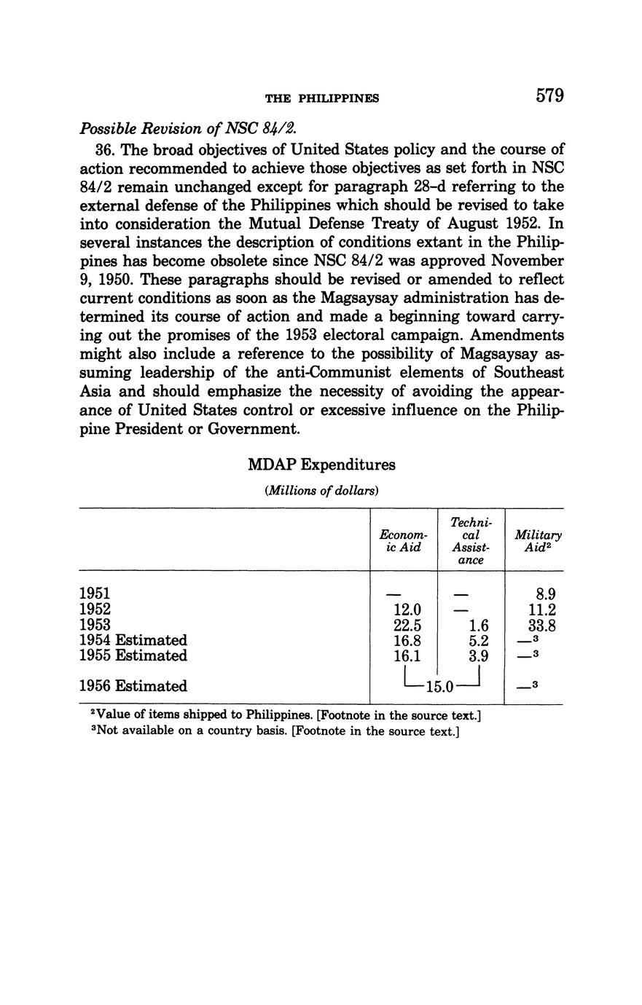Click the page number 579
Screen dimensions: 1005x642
coord(550,96)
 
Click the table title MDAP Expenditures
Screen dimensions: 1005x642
coord(321,465)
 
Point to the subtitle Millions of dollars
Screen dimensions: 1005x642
coord(321,491)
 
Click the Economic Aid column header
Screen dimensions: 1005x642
coord(404,540)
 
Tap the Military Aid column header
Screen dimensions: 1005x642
coord(538,540)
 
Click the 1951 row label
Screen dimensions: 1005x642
coord(95,594)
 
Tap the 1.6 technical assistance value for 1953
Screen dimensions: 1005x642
coord(478,625)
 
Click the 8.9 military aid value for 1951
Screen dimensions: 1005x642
coord(547,594)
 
